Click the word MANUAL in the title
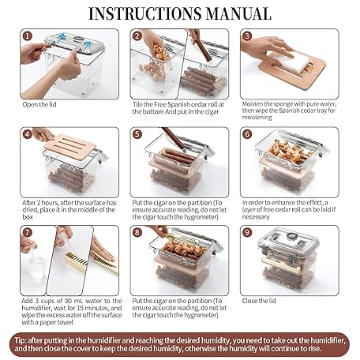pos(238,13)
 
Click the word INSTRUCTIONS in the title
pos(145,13)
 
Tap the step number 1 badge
pos(28,36)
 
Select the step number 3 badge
pos(247,36)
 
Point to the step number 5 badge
pos(137,134)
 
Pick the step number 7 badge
pos(28,232)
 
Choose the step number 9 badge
pos(247,232)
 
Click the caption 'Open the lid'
pos(39,104)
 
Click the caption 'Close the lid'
pos(259,301)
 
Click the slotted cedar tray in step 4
pos(70,146)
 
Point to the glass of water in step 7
pos(36,266)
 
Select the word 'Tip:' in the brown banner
pos(21,340)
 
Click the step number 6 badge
pos(247,134)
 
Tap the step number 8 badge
pos(137,232)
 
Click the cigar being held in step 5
pos(174,138)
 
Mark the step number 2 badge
pos(137,36)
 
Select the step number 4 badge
pos(28,134)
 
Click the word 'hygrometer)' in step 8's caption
pos(201,315)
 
